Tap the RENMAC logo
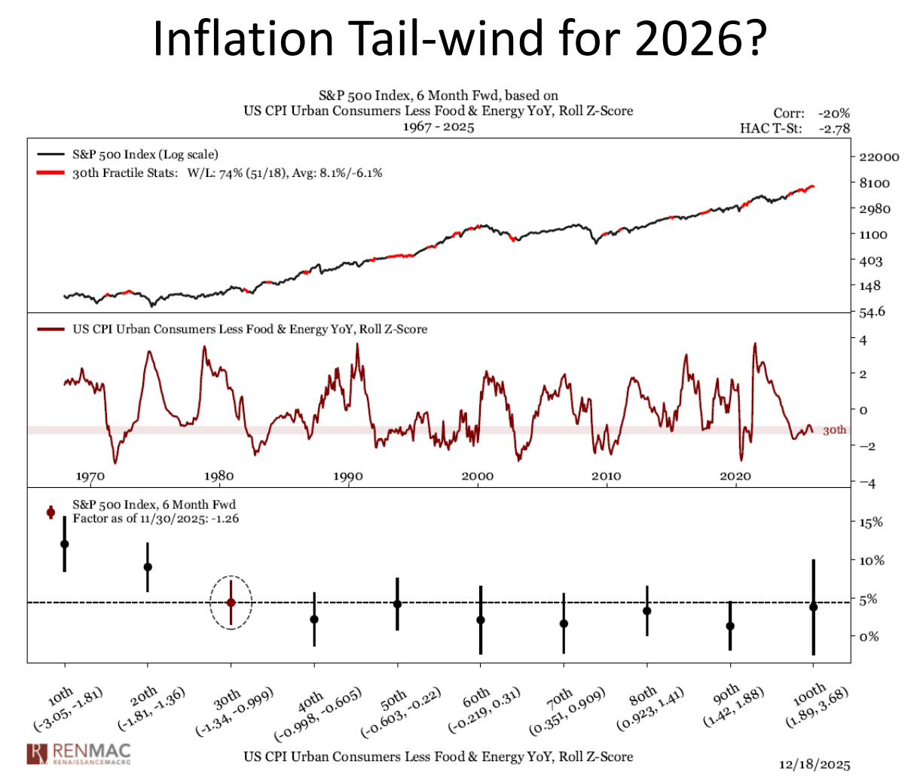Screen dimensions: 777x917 coord(78,752)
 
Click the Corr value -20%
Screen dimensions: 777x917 coord(836,113)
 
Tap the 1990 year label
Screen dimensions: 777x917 coord(348,476)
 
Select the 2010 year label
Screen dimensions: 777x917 coord(606,476)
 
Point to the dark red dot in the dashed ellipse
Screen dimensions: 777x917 coord(231,602)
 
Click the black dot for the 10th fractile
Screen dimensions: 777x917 coord(65,544)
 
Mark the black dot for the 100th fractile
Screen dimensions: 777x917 coord(813,607)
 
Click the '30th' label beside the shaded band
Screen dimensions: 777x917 coord(834,431)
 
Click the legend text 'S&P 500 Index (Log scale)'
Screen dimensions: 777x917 coord(145,154)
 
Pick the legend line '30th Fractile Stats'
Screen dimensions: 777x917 coord(227,172)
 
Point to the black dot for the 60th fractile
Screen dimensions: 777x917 coord(480,620)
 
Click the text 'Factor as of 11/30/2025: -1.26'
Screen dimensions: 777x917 coord(155,518)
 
